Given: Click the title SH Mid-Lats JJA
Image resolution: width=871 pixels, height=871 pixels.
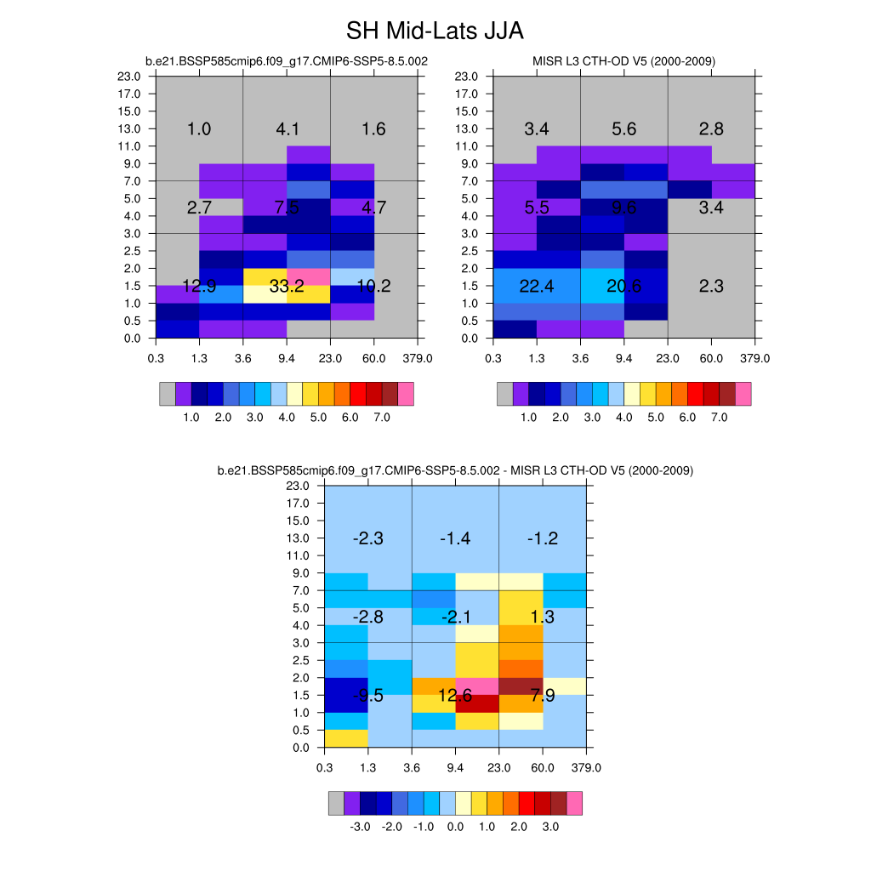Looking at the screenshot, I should pos(435,31).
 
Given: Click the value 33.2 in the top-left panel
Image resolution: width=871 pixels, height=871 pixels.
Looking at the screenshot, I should pos(287,287).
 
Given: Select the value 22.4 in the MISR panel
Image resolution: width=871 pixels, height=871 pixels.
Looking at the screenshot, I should pos(537,287).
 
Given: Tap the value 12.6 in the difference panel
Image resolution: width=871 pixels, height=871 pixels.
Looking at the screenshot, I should pos(455,696).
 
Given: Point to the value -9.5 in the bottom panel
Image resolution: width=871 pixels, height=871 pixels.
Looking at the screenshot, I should pos(367,696).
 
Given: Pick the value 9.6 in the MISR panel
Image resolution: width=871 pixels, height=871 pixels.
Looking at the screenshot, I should pos(623,208).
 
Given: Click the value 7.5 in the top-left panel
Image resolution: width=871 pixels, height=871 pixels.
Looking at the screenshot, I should pos(287,208).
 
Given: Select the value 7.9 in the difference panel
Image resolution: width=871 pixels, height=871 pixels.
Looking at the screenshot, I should pos(542,696).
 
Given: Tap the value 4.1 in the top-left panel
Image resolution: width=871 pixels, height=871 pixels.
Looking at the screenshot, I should pos(287,129).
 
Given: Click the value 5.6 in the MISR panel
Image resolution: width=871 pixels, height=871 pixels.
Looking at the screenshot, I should pos(623,129).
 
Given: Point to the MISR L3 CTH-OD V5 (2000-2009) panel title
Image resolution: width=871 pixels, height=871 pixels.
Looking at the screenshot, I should pos(623,61).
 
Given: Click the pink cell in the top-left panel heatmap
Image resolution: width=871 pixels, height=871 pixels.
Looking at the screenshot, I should pos(309,276).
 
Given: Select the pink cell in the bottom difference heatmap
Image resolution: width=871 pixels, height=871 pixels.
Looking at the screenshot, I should pos(477,686).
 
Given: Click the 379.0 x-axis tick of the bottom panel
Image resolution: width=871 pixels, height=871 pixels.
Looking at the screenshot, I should pos(586,767).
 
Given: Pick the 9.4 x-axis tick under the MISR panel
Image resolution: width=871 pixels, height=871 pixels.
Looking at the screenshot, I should pos(624,358).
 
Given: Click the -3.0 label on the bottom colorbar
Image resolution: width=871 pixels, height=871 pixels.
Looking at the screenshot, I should pos(360,826).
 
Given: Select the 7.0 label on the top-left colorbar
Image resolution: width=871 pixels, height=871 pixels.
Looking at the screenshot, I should pos(382,418).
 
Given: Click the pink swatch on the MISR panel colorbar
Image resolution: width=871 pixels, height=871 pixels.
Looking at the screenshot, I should pos(743,394).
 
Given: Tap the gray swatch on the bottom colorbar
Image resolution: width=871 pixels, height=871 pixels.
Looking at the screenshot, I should pos(336,802).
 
